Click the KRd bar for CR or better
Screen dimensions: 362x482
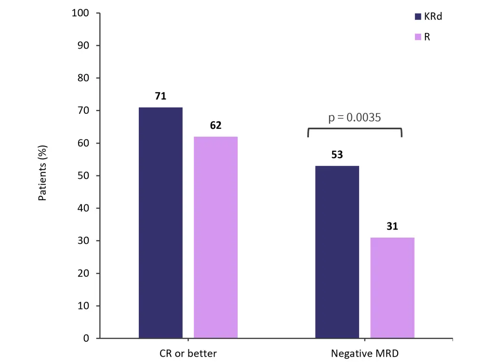161,223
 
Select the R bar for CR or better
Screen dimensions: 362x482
215,237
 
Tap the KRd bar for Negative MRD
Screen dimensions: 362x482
337,252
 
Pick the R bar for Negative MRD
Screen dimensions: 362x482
392,288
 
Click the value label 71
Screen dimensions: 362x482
161,96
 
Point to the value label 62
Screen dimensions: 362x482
215,126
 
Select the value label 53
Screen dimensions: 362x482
337,155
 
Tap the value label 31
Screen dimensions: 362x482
392,227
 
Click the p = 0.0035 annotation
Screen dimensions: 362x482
355,117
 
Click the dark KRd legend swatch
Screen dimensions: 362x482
418,16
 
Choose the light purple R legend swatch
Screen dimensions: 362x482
418,37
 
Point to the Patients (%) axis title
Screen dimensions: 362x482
42,175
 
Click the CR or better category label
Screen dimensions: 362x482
188,353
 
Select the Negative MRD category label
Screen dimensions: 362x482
365,353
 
